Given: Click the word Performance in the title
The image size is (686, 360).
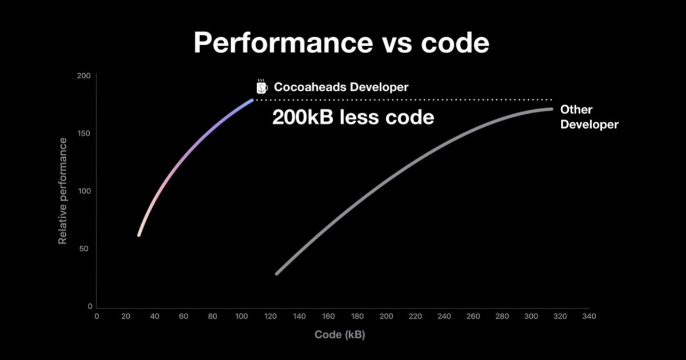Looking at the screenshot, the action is tap(284, 43).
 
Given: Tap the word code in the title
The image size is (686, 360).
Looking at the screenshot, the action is tap(455, 43).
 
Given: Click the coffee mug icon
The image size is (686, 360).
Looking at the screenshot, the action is tap(262, 87).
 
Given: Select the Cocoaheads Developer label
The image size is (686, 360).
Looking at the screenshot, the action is tap(341, 87).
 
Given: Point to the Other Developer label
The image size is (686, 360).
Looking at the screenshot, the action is tap(589, 117).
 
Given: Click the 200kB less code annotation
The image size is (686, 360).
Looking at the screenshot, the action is tap(353, 117).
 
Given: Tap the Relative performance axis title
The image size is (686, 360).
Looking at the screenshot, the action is tap(62, 191).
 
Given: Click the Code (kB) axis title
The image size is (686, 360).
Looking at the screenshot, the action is tap(340, 335).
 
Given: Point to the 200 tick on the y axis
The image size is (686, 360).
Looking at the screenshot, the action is tap(83, 75).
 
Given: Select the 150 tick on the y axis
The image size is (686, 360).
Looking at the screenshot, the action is tap(84, 133).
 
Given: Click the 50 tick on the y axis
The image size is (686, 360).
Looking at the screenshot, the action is tap(83, 249).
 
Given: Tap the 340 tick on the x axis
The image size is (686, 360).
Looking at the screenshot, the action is tap(589, 316).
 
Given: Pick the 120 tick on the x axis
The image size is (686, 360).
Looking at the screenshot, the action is tap(270, 316).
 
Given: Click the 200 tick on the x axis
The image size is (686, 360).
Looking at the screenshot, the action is tap(386, 316).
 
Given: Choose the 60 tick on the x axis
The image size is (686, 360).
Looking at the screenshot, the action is tap(184, 316).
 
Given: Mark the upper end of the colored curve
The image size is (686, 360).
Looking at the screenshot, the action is tap(252, 100).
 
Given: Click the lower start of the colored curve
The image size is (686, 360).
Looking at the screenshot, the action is tap(139, 235).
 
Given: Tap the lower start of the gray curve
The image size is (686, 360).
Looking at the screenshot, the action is tap(277, 274).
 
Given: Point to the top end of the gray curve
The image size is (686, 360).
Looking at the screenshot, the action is tap(552, 109).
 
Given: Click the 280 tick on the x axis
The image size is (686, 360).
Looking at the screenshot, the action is tap(502, 316).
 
